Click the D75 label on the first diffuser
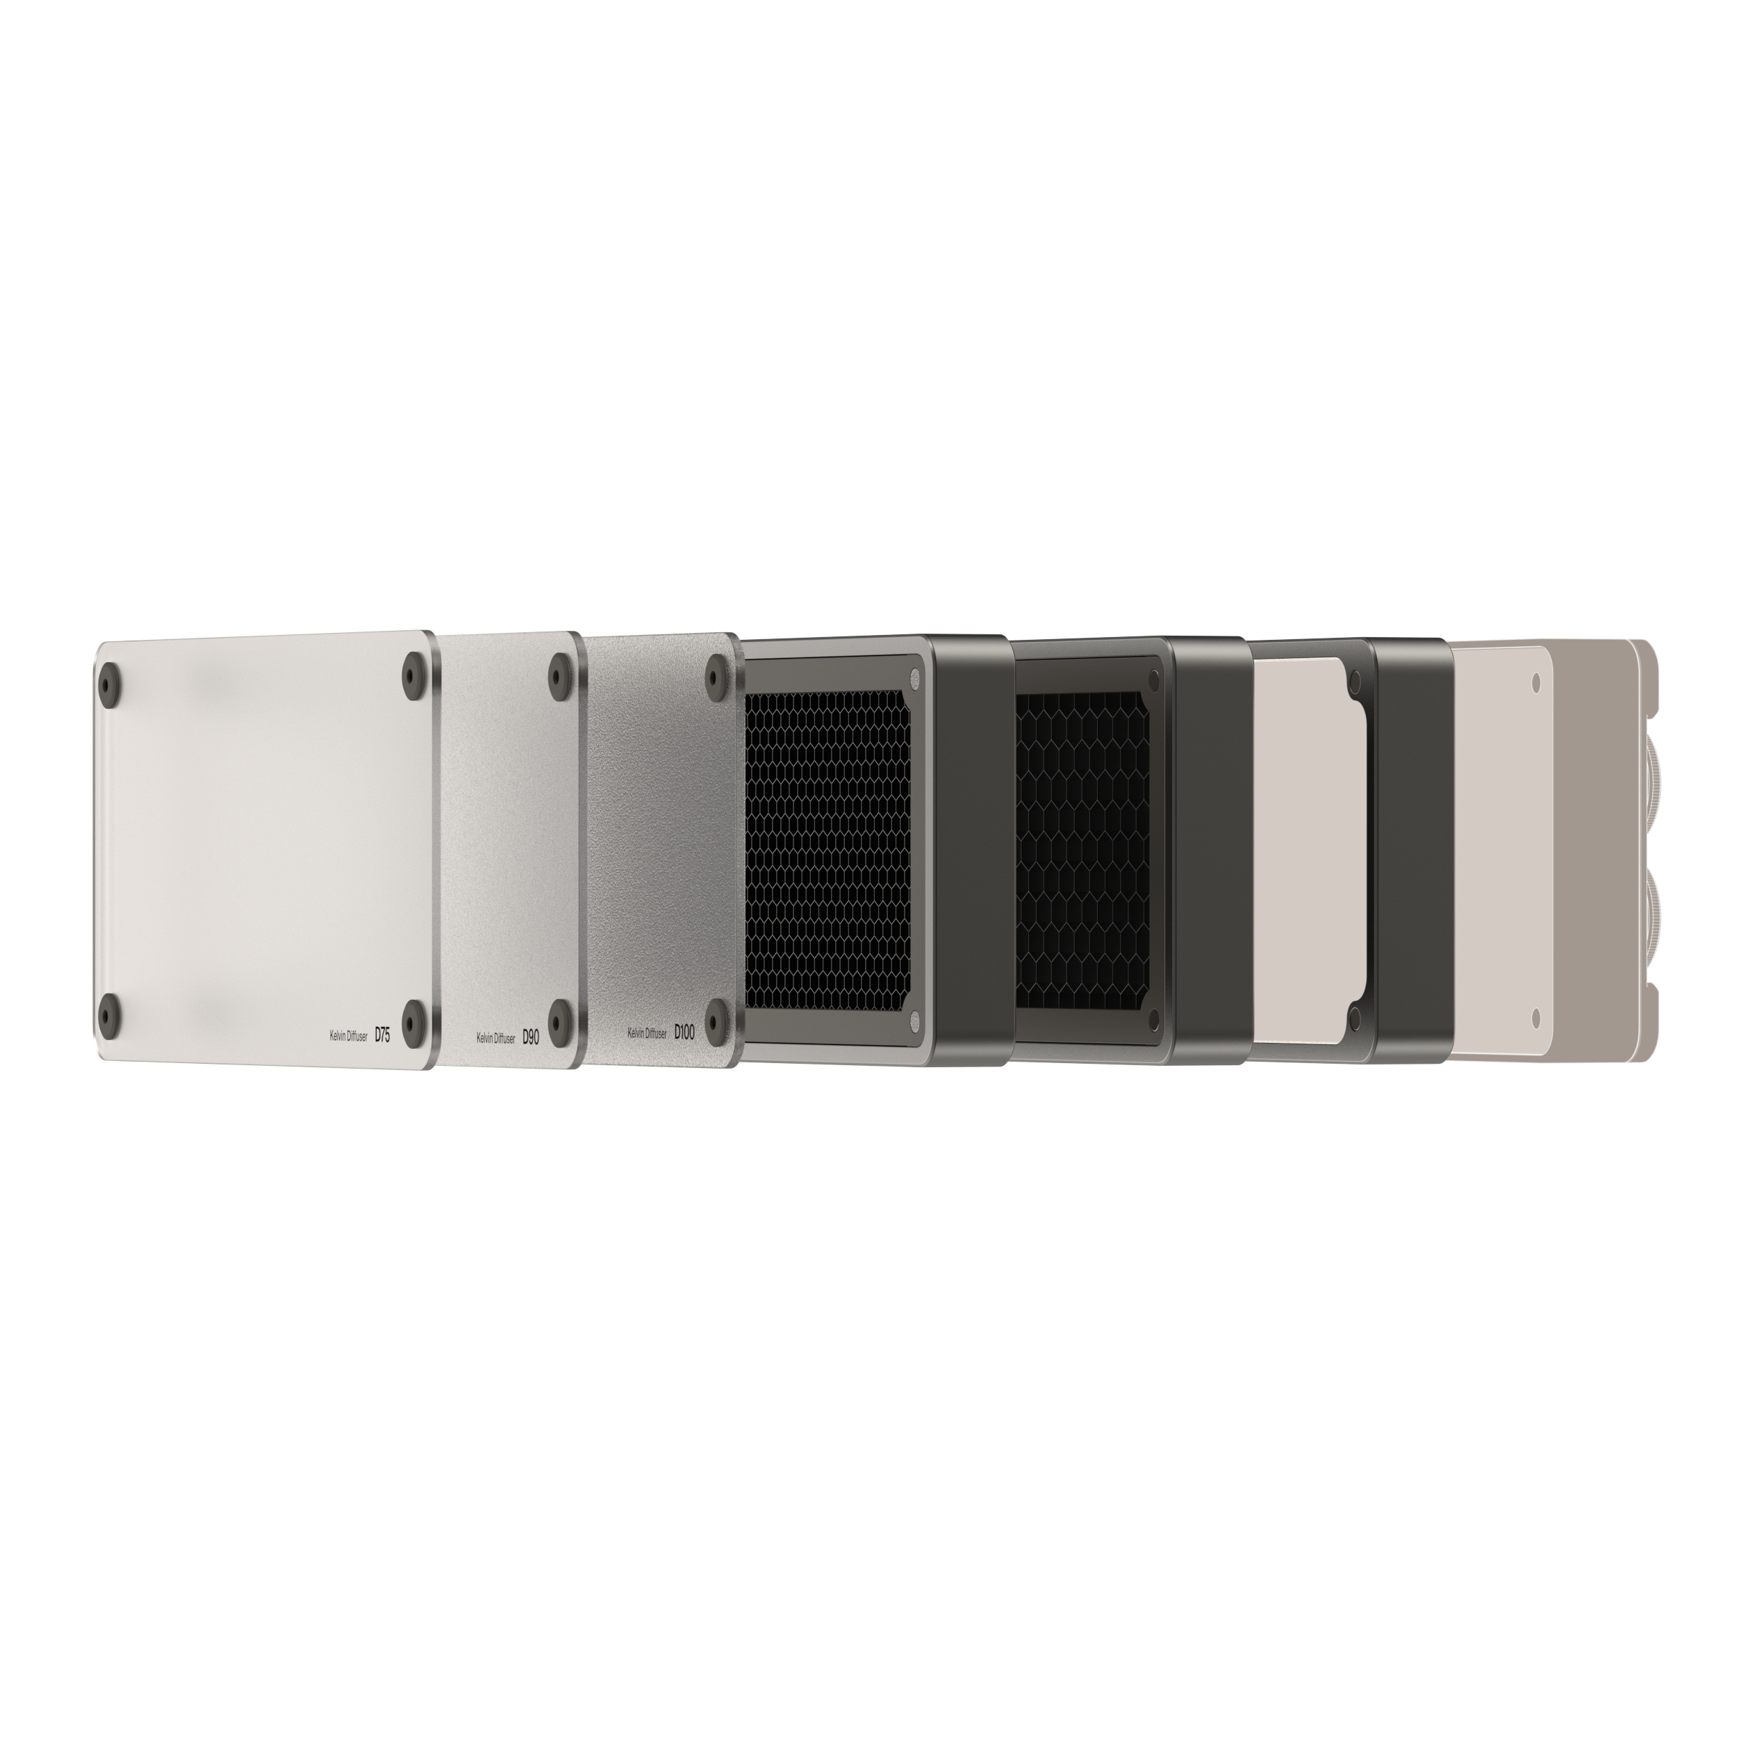tap(382, 1035)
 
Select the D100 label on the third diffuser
tap(684, 1033)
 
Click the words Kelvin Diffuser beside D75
tap(349, 1037)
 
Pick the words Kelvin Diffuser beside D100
tap(648, 1034)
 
